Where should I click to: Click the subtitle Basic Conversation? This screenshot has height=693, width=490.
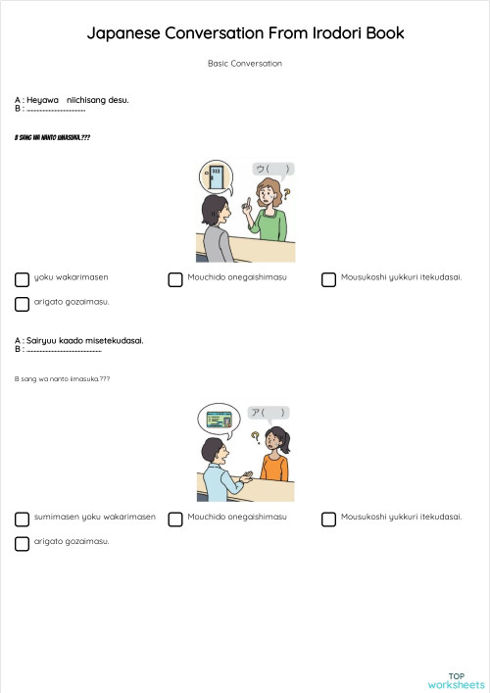tap(245, 64)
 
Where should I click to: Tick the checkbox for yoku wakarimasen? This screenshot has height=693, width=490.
tap(22, 279)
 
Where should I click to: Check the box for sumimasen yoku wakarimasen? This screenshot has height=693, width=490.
tap(22, 520)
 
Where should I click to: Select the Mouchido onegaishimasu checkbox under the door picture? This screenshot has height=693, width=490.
tap(175, 279)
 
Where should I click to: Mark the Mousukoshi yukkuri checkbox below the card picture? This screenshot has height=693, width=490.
tap(328, 520)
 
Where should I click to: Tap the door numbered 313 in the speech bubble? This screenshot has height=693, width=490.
tap(215, 177)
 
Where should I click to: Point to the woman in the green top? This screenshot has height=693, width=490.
tap(269, 211)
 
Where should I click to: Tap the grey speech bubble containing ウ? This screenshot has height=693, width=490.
tap(272, 169)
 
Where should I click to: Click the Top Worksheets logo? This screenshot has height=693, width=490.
tap(456, 680)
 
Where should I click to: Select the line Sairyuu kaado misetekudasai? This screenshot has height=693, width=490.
tap(79, 340)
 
